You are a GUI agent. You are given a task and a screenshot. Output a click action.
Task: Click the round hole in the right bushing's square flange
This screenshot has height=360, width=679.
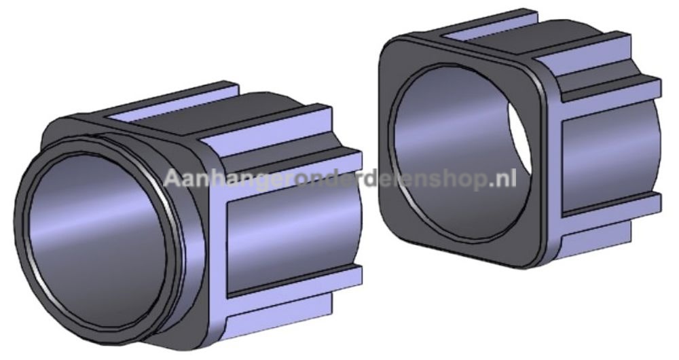pyautogui.click(x=459, y=151)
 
